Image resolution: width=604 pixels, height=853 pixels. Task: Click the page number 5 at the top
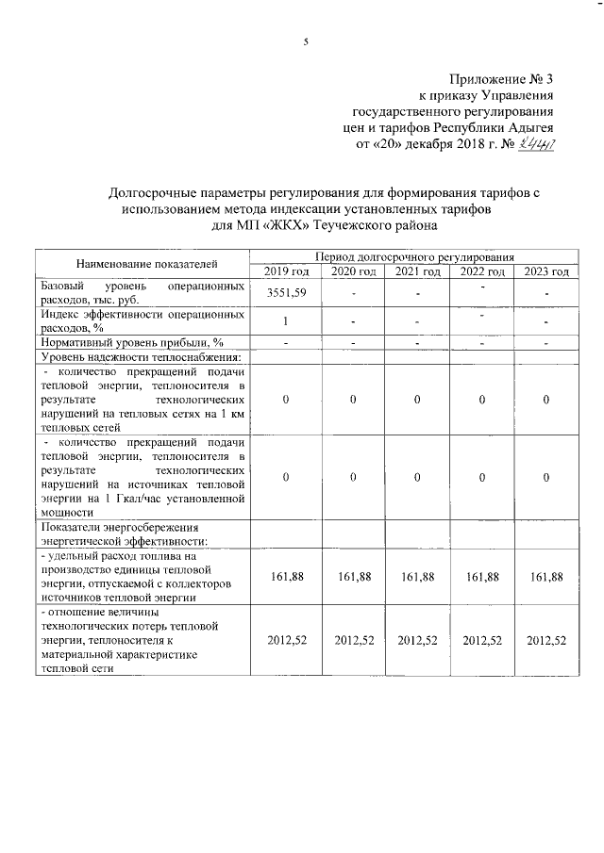[x=305, y=41]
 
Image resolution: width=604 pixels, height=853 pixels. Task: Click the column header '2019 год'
[x=286, y=271]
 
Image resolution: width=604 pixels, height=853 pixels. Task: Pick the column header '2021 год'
[x=416, y=271]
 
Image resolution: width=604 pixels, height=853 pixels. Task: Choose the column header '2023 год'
[x=546, y=271]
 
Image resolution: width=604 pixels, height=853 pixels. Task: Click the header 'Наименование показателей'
[x=142, y=264]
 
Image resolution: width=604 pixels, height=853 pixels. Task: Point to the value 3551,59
[x=286, y=292]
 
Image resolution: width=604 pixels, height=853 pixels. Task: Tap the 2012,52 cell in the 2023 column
[x=546, y=640]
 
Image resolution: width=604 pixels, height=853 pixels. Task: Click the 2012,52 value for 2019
[x=286, y=640]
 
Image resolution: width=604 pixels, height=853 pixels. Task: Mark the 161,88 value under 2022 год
[x=481, y=576]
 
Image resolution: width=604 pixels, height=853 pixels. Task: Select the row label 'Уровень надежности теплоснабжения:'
[x=140, y=356]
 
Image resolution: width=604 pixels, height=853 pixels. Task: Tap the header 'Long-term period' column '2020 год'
[x=351, y=271]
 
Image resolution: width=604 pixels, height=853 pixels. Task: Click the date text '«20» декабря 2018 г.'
[x=431, y=145]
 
